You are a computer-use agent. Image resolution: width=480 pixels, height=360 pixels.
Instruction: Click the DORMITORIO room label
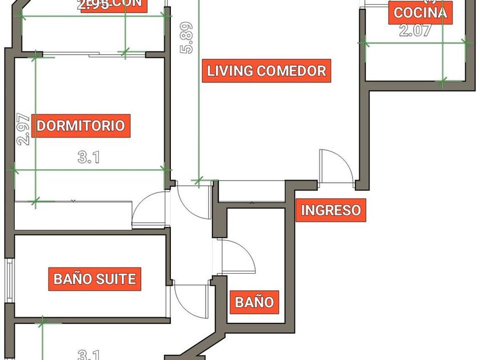[81, 126]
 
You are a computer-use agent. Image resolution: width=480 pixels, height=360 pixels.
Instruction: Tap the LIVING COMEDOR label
[266, 71]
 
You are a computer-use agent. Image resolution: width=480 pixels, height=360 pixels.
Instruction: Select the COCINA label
[420, 12]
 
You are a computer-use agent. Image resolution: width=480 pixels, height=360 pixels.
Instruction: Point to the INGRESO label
[331, 210]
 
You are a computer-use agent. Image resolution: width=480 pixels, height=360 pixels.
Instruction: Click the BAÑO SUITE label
[95, 279]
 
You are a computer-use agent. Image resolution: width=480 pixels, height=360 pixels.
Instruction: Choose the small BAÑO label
[255, 301]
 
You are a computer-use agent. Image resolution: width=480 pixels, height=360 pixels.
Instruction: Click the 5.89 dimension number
[186, 38]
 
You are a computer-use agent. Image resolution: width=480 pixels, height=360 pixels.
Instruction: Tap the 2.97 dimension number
[23, 130]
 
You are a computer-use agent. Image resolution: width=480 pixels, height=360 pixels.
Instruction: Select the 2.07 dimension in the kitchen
[414, 31]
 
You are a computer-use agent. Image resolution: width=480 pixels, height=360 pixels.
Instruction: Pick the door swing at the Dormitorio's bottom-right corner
[149, 210]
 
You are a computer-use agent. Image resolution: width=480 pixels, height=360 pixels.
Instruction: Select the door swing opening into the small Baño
[237, 257]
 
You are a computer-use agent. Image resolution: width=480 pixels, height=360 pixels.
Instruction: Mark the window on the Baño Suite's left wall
[9, 279]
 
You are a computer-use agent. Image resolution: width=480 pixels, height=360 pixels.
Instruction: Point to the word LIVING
[230, 71]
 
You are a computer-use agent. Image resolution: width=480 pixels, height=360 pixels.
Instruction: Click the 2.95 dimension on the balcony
[94, 6]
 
